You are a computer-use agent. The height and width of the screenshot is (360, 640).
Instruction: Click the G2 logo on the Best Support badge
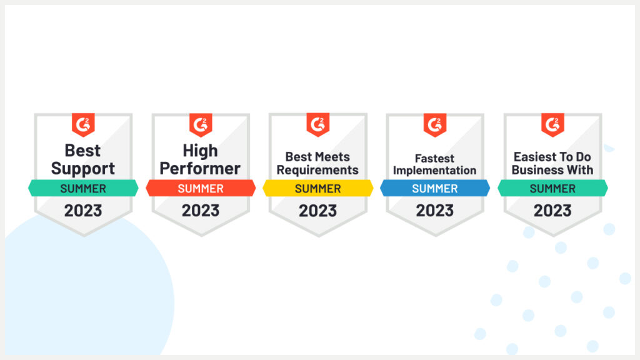point(83,124)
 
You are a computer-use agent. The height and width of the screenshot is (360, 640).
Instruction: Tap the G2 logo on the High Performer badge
point(201,124)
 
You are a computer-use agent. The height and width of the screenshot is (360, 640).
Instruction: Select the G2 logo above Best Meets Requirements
point(317,124)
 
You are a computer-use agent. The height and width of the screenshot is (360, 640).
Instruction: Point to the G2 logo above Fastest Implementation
point(435,124)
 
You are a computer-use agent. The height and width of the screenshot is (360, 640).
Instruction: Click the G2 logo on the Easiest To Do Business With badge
point(552,124)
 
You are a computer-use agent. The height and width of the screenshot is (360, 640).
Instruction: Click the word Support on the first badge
point(83,168)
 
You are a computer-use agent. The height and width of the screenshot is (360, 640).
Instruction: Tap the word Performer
point(200,168)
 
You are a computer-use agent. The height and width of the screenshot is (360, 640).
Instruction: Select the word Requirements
point(317,170)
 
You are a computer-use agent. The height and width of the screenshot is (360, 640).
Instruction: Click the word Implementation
point(434,170)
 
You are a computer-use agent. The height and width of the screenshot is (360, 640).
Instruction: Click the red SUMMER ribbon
point(201,188)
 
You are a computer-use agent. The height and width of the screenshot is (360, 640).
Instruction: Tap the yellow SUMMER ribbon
point(317,188)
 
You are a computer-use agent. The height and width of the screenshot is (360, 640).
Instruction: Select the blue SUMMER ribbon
point(435,188)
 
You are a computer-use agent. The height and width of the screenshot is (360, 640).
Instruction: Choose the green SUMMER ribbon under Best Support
point(83,188)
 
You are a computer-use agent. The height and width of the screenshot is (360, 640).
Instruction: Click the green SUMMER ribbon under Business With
point(552,188)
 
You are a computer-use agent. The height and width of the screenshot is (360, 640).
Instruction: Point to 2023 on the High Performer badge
point(201,211)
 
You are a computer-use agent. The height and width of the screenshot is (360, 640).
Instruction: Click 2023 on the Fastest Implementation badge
point(435,211)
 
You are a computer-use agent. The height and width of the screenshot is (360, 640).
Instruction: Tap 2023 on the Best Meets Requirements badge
point(317,211)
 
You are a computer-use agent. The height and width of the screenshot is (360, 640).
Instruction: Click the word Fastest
point(434,158)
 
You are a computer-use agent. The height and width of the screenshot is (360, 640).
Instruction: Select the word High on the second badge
point(201,151)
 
